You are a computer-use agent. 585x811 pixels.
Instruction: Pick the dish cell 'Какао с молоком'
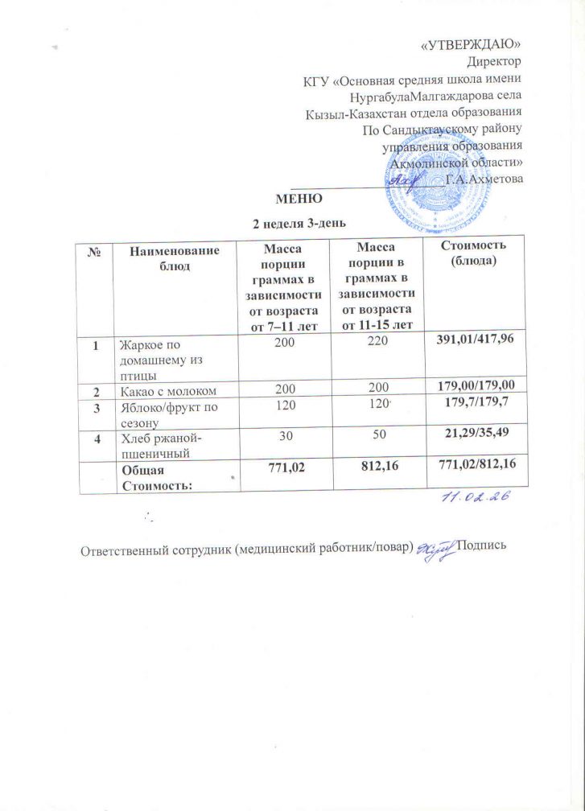coord(171,392)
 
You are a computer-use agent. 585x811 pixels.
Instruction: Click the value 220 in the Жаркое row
coord(377,344)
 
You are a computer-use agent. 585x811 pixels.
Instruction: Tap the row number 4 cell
coord(97,440)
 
